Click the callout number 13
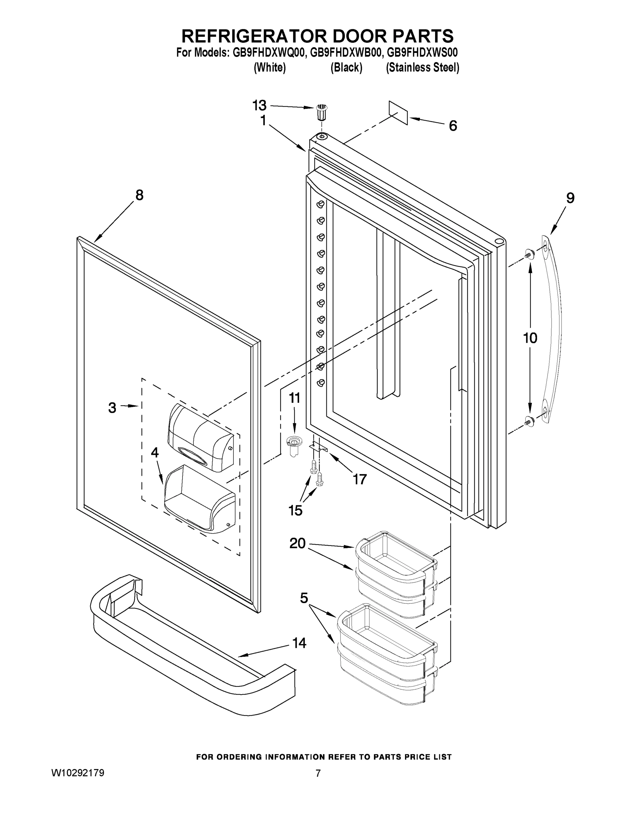point(259,106)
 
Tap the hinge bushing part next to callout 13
point(320,111)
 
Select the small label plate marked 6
point(399,112)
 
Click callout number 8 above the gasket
point(139,195)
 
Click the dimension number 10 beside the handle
point(530,338)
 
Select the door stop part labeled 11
point(294,445)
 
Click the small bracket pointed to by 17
point(318,447)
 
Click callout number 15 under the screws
point(295,510)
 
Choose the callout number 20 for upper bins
point(297,543)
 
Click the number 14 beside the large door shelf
point(299,643)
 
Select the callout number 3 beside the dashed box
point(112,408)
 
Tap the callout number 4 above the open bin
point(154,453)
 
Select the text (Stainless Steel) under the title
point(422,68)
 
